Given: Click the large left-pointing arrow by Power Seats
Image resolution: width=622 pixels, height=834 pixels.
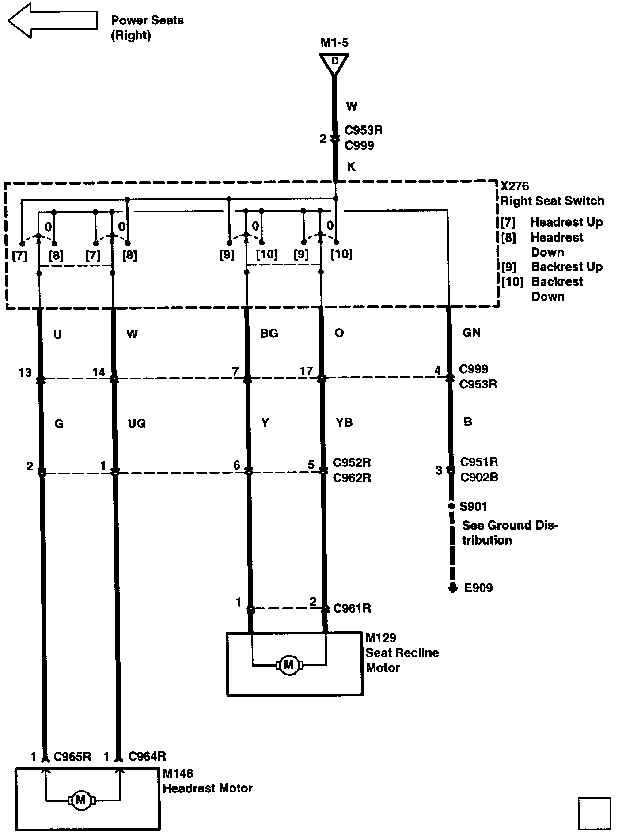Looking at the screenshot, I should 52,20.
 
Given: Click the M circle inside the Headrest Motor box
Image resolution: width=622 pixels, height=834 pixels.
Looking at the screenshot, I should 80,800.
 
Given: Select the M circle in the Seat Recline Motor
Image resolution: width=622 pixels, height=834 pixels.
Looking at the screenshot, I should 289,664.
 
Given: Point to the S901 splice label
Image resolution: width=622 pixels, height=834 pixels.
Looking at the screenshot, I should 474,506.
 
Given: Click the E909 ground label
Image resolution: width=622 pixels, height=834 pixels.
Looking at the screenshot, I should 478,588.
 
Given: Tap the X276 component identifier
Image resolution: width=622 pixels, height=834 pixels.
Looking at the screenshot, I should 515,186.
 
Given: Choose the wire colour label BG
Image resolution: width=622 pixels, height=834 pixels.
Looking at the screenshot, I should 269,334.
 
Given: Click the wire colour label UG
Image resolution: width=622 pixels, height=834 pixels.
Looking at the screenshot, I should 137,423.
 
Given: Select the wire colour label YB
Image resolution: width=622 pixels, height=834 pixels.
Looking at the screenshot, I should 344,423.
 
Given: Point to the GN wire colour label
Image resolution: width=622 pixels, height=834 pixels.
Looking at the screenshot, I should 471,333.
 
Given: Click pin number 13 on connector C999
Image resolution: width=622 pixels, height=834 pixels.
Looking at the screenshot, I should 25,372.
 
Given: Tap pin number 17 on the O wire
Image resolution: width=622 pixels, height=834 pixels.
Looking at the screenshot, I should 306,371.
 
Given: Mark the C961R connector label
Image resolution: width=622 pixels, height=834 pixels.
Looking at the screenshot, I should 352,608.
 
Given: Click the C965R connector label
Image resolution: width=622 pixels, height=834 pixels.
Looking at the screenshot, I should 72,757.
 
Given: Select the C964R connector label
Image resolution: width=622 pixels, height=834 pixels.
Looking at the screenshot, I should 147,757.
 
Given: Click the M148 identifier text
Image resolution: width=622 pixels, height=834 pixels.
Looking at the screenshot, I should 178,773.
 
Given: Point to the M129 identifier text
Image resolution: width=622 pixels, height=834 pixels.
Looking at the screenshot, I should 381,638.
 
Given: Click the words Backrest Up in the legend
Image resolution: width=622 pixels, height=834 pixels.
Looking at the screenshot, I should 567,267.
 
